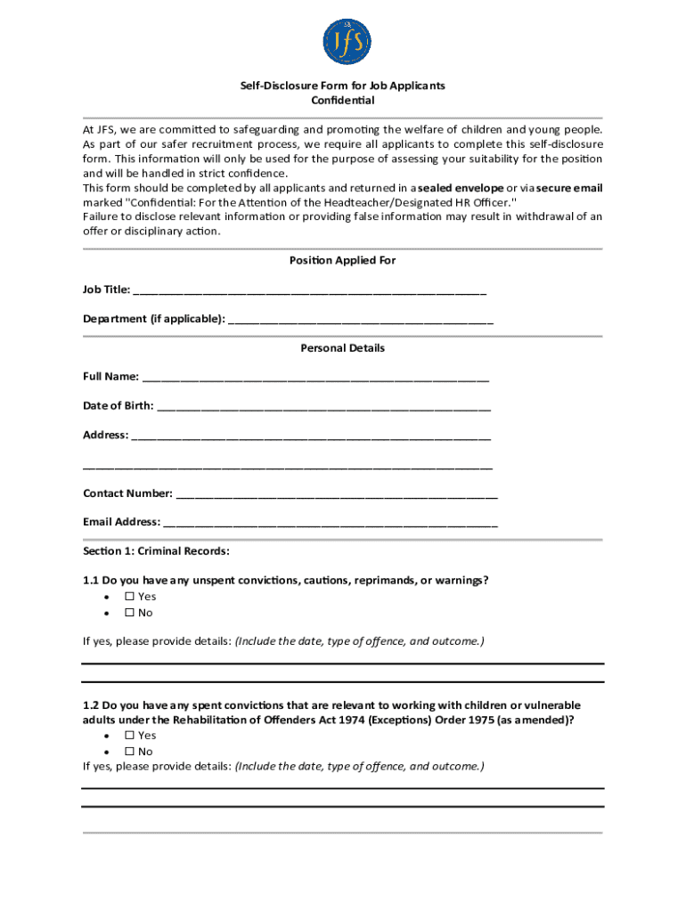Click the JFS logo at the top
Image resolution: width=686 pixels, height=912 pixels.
346,42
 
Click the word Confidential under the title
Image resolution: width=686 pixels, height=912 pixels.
342,101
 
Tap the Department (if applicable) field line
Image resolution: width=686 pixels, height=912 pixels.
361,320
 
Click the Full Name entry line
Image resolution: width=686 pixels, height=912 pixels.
315,378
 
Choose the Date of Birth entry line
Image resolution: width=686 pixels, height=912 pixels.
323,407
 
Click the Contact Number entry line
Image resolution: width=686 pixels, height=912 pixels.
337,493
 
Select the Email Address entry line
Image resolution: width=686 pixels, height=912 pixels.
331,523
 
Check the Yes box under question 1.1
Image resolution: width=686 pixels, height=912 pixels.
129,597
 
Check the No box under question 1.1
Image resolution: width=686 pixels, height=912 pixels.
129,613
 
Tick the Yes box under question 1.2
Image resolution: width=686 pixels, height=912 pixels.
129,736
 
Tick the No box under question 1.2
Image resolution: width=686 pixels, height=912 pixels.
129,752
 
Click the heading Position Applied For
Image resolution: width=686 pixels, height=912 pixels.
342,261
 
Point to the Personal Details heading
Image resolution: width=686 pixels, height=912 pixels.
342,348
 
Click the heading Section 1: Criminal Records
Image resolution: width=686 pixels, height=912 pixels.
156,551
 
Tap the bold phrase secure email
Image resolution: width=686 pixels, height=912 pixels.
569,188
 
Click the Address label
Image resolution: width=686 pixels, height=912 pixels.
105,436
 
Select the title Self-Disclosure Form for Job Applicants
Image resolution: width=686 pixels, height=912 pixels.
342,85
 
